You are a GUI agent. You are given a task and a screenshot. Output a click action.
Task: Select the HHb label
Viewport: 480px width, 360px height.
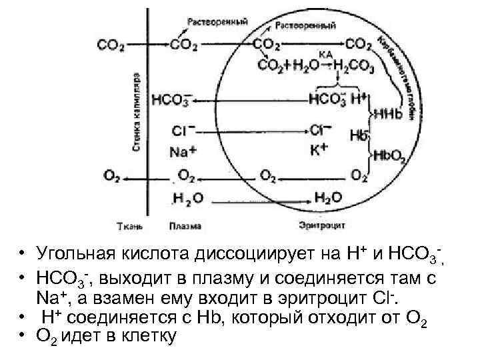[389, 114]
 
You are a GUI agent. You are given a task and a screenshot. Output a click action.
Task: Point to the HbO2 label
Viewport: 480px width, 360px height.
[389, 156]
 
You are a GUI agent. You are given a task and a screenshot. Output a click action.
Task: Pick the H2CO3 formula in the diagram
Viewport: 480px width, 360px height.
[353, 65]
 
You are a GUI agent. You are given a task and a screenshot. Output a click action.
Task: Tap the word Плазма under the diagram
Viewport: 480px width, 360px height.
[185, 225]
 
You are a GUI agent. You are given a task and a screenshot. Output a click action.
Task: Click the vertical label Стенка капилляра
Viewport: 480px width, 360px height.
[136, 110]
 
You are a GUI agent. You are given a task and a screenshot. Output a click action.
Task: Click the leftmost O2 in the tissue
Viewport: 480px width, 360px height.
[111, 176]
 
